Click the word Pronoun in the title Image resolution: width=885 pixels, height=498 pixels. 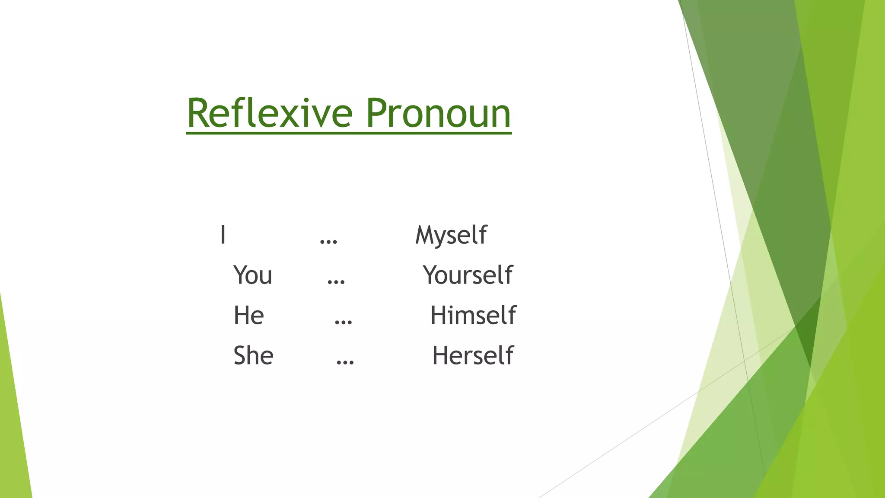point(438,113)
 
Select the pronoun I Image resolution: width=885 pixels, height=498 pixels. point(223,235)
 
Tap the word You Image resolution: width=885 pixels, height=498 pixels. point(253,275)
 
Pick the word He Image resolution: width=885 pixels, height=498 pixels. point(248,315)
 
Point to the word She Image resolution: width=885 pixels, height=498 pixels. point(253,356)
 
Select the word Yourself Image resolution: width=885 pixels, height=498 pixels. point(468,275)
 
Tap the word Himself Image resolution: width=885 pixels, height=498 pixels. point(473,315)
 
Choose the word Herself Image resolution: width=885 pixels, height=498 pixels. point(473,356)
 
